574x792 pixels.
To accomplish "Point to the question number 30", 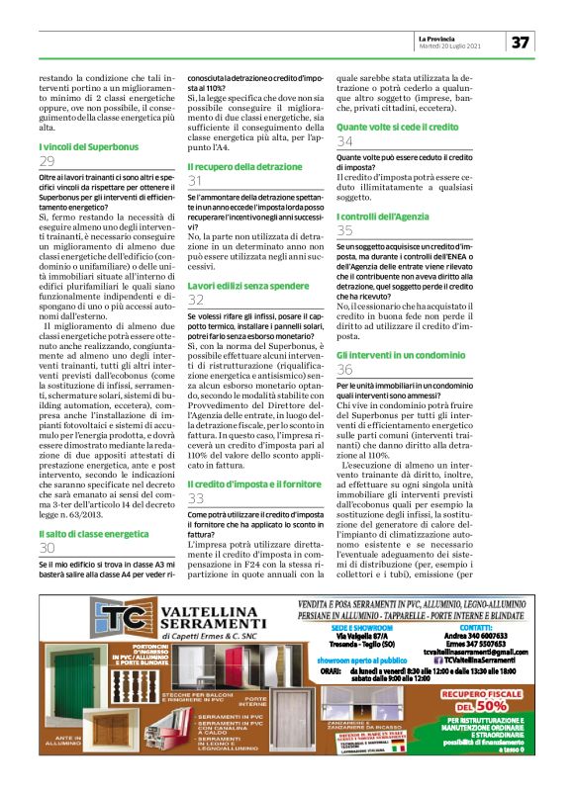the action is pyautogui.click(x=48, y=547).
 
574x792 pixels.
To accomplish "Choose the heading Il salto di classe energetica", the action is pyautogui.click(x=86, y=533).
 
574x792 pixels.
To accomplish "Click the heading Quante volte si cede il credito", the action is pyautogui.click(x=398, y=128).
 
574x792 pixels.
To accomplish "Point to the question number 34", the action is pyautogui.click(x=345, y=142).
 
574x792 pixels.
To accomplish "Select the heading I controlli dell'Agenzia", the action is pyautogui.click(x=385, y=216).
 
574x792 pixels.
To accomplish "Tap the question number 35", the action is pyautogui.click(x=345, y=230).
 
